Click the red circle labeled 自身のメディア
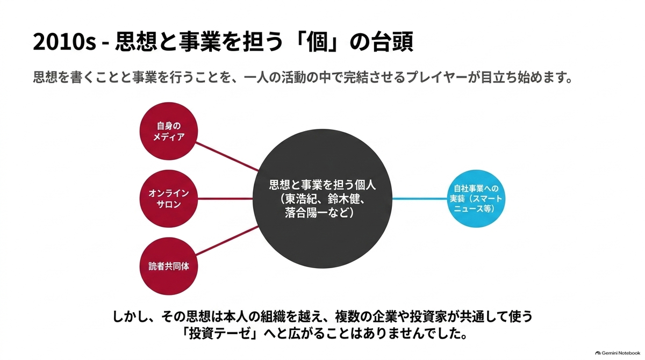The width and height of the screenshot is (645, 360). [x=169, y=131]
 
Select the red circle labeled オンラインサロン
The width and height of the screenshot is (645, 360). [x=169, y=199]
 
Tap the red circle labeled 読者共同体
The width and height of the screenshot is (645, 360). [x=169, y=266]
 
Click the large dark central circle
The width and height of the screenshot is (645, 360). [x=322, y=199]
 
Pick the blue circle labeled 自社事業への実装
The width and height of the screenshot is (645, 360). [x=476, y=199]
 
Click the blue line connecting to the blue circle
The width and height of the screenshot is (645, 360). [x=420, y=199]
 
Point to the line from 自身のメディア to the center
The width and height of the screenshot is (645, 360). [x=227, y=156]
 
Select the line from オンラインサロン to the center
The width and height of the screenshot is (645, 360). [x=225, y=199]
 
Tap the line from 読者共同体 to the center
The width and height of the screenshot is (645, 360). [x=227, y=241]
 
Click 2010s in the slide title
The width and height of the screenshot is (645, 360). [x=64, y=42]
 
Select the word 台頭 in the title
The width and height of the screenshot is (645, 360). [x=392, y=42]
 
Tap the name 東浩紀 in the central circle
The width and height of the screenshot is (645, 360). [x=302, y=199]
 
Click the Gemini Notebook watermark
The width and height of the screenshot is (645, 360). [x=618, y=353]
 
